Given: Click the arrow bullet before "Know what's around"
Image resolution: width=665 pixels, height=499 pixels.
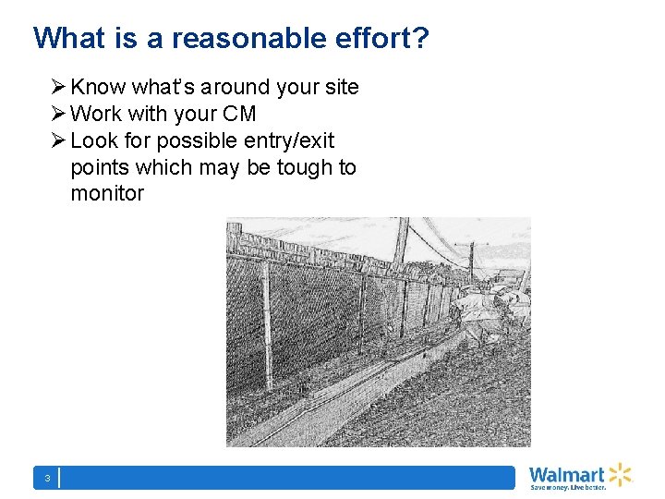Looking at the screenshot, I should (58, 88).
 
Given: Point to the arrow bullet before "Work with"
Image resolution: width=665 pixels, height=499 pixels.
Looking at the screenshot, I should (58, 115).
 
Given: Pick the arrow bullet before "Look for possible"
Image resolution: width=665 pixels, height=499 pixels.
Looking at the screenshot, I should (58, 141).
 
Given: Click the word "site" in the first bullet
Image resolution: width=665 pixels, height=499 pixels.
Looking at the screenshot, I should (342, 88).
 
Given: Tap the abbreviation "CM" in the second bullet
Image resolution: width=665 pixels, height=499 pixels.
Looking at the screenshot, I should (238, 115).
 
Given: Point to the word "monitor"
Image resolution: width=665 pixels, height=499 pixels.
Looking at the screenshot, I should (107, 194).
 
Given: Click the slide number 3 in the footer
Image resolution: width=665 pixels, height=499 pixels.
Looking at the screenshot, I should (46, 478).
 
